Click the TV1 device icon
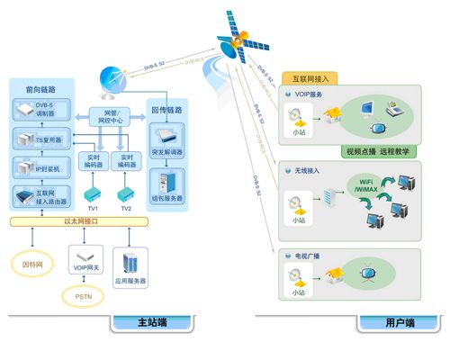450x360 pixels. (90, 194)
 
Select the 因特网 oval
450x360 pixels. (34, 265)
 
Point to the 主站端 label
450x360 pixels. (153, 323)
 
